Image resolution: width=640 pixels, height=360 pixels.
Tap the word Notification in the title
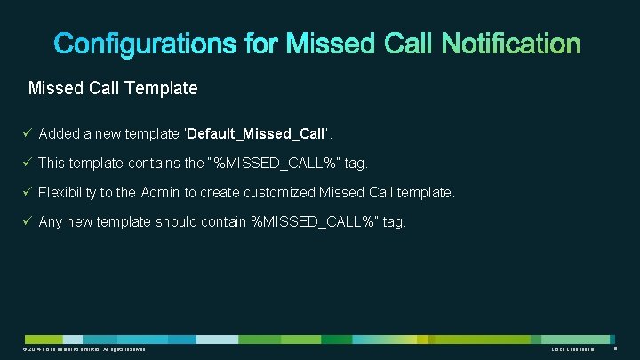click(511, 44)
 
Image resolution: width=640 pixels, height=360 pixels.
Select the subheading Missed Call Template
click(113, 89)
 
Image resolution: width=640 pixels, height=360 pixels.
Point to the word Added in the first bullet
click(60, 133)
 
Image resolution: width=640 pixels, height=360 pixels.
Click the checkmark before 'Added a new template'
click(28, 133)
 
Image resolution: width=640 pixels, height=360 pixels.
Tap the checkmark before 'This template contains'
click(28, 163)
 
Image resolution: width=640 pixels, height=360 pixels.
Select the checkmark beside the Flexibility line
click(28, 192)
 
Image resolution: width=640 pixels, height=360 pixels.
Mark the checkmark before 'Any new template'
click(28, 221)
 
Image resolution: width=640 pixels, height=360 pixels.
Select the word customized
click(283, 192)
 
